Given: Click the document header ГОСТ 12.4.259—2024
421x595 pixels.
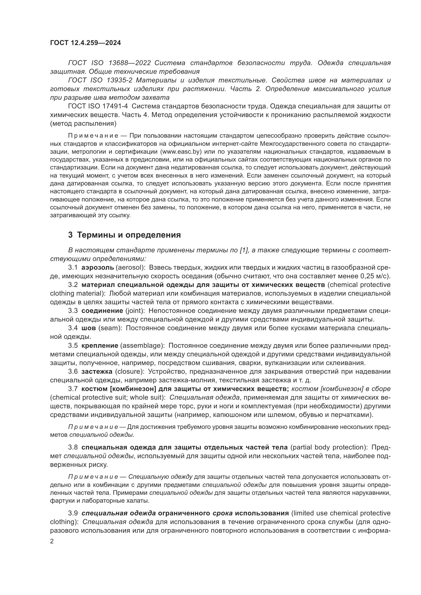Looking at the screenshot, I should (85, 43).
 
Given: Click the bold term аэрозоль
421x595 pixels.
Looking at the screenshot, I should (97, 267).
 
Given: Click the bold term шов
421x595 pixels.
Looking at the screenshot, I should (89, 328).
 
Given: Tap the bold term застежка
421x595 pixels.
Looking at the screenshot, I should (97, 372).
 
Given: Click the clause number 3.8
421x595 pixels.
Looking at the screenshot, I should (73, 447).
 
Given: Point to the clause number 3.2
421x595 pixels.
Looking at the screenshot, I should (73, 285).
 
